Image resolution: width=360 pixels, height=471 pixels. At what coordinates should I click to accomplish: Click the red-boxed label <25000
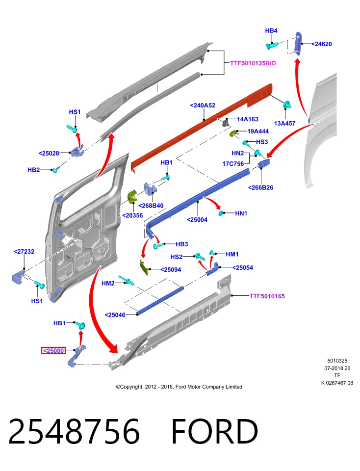coord(53,350)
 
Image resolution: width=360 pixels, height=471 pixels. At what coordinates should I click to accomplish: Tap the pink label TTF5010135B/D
coord(253,63)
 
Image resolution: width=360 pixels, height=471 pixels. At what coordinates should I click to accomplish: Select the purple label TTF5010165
coord(267,296)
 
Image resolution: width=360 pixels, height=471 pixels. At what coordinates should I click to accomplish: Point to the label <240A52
coord(203,105)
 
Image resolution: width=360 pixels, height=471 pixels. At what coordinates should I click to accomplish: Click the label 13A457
coord(284,124)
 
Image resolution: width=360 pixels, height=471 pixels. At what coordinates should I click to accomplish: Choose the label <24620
coord(321,44)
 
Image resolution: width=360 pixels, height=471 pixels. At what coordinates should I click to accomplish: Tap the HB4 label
coord(271,30)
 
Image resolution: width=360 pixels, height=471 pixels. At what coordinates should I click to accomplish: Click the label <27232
coord(24,252)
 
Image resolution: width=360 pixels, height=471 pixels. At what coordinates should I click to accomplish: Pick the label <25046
coord(115,315)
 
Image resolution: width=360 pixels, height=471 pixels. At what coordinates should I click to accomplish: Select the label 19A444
coord(258,131)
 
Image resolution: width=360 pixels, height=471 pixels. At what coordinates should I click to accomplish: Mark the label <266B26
coord(260,188)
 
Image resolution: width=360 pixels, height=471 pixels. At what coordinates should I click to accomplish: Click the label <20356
coord(132,216)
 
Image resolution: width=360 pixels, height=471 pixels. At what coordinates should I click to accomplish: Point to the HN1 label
coord(241,213)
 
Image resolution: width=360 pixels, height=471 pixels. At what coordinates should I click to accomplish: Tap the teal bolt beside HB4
coord(272,46)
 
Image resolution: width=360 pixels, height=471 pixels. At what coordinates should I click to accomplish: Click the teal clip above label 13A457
coord(287,105)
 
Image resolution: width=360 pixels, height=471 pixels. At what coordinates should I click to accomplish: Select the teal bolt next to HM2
coord(126,280)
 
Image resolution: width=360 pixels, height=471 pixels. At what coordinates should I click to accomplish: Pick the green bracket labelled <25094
coord(144,267)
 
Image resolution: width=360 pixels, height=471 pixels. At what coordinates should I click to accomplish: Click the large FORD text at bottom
coord(215,431)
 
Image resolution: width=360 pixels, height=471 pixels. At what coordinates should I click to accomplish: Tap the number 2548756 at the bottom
coord(74,431)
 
